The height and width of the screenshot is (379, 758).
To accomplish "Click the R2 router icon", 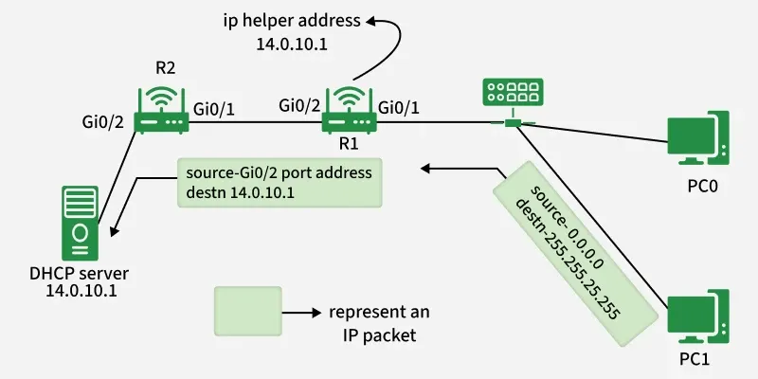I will (159, 111).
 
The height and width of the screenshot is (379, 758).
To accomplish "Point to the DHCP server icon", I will (80, 223).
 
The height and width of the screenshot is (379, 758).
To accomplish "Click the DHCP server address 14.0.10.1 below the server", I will (80, 291).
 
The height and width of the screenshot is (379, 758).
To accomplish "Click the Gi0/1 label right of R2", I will (214, 108).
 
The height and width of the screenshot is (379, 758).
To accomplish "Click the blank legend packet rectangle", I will (247, 311).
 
